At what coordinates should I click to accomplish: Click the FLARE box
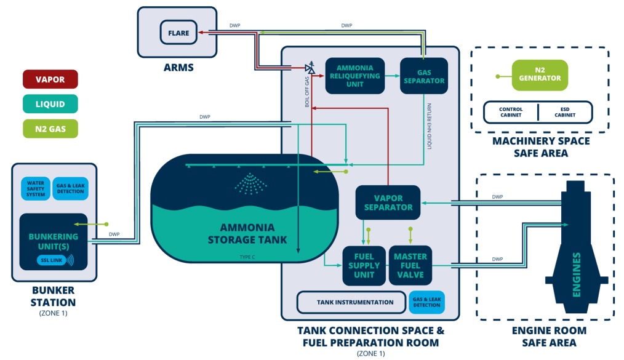(179, 32)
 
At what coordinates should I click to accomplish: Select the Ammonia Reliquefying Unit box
(354, 76)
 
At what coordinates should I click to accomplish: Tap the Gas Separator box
(423, 76)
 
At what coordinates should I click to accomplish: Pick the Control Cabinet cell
(510, 112)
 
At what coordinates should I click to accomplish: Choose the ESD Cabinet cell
(565, 112)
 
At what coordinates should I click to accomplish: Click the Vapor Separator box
(388, 202)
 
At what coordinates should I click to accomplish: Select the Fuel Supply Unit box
(364, 265)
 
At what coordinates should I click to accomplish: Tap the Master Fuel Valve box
(410, 265)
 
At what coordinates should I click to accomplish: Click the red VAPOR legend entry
(49, 79)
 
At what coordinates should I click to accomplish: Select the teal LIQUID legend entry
(49, 104)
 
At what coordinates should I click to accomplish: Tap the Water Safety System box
(36, 189)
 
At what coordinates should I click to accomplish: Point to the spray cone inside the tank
(249, 183)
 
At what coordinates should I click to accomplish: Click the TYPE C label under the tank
(249, 257)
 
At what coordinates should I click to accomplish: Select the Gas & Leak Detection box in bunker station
(71, 189)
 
